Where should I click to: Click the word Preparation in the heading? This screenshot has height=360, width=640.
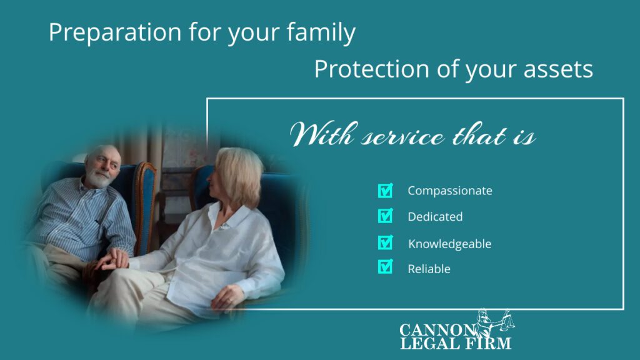[x=115, y=32]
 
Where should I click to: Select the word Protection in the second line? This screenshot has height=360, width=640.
[x=371, y=69]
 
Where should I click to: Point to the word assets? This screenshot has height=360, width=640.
[x=558, y=69]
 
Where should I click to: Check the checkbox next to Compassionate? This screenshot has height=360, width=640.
[x=385, y=191]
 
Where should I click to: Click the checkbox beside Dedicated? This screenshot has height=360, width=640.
[x=385, y=216]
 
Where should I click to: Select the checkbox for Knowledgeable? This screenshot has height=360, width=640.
[x=385, y=242]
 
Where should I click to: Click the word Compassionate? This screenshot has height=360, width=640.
[x=450, y=191]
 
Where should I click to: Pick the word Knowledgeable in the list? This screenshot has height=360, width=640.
[x=450, y=244]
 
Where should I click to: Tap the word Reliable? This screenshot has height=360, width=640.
[x=429, y=269]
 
